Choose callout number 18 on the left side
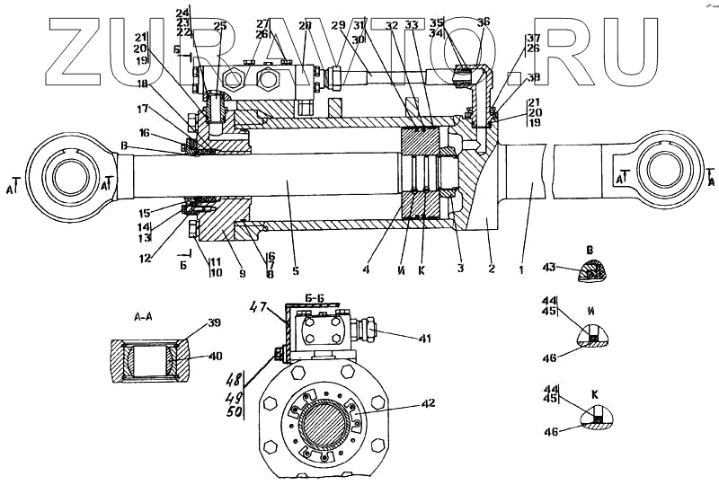pos(142,84)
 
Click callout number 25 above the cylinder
pos(219,26)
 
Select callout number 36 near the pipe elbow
pos(483,22)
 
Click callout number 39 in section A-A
pos(214,323)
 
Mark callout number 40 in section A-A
pos(214,357)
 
